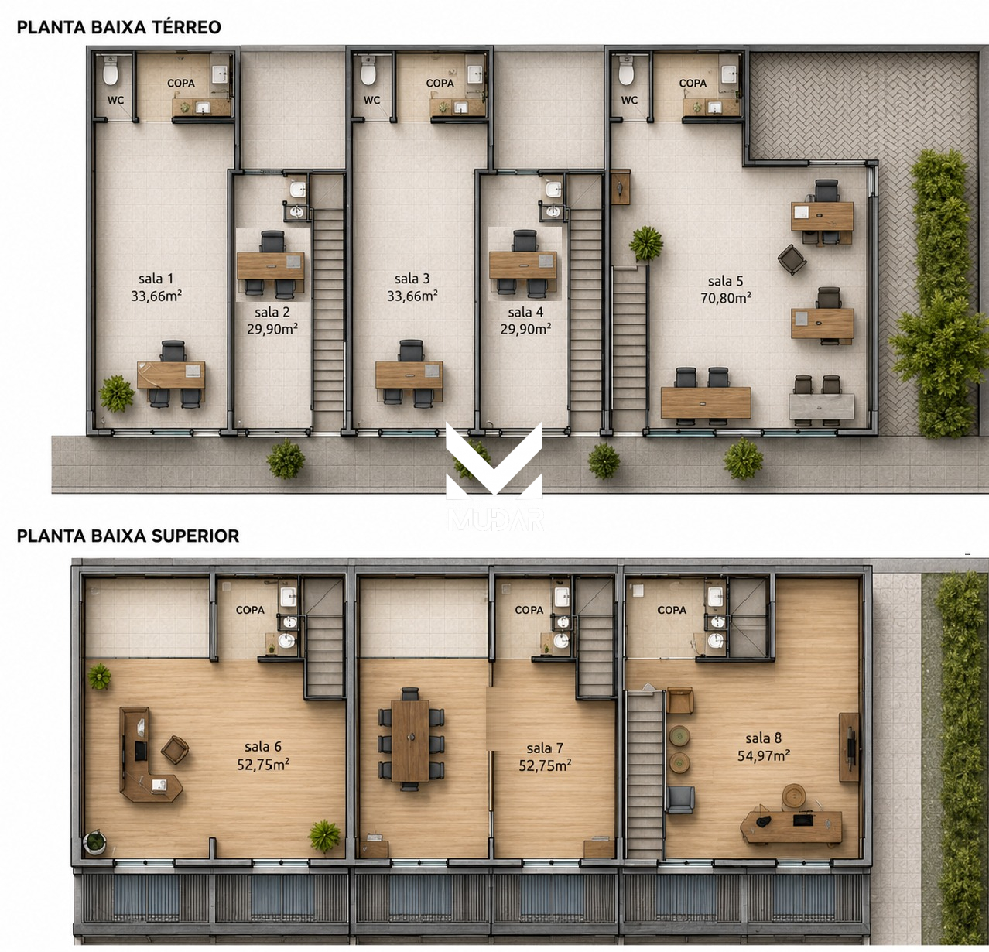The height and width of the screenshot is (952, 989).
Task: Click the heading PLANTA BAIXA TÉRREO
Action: pyautogui.click(x=119, y=27)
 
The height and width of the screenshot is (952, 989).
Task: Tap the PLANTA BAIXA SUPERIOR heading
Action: pyautogui.click(x=128, y=536)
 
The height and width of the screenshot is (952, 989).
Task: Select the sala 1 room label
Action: pyautogui.click(x=156, y=279)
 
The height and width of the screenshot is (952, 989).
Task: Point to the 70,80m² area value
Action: pyautogui.click(x=726, y=297)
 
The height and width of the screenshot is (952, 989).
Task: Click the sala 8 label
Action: pyautogui.click(x=763, y=738)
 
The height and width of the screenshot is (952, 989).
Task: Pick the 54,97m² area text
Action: pyautogui.click(x=764, y=756)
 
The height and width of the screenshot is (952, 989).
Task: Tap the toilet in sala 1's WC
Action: pyautogui.click(x=111, y=70)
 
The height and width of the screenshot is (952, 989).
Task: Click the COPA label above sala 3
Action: pyautogui.click(x=440, y=83)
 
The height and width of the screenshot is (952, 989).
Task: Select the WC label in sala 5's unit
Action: pyautogui.click(x=629, y=100)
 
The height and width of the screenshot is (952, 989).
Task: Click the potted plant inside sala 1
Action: pyautogui.click(x=116, y=393)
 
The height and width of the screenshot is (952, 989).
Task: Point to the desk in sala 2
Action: pyautogui.click(x=270, y=265)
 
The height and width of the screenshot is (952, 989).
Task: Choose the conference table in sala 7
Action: pyautogui.click(x=410, y=741)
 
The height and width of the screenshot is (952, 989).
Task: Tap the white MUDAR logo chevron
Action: pyautogui.click(x=494, y=460)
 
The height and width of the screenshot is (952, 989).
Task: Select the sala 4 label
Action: pyautogui.click(x=525, y=312)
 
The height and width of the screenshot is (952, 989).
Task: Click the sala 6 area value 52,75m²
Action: pyautogui.click(x=263, y=765)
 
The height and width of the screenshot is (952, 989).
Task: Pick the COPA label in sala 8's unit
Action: pyautogui.click(x=672, y=610)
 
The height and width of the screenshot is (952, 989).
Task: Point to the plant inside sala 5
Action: pyautogui.click(x=646, y=244)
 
